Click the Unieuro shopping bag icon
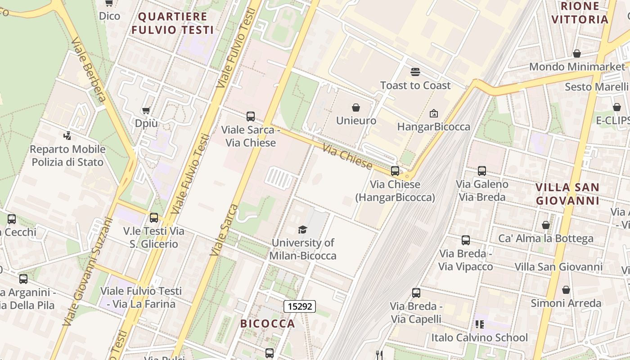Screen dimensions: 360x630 coord(356,108)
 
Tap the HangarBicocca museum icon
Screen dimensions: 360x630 coord(434,113)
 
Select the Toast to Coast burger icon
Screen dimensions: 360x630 coord(415,72)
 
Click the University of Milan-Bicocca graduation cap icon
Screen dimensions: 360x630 coord(303,229)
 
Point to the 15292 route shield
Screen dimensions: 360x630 coord(300,307)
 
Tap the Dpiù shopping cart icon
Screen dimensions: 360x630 coord(146,110)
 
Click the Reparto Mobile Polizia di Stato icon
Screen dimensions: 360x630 coord(67,135)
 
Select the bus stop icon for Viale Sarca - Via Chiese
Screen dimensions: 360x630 coord(251,117)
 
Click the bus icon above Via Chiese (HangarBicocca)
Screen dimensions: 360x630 coord(395,171)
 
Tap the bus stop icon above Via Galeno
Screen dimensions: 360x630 coord(482,171)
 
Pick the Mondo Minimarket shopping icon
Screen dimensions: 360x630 coord(577,54)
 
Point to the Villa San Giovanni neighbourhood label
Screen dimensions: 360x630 coord(567,194)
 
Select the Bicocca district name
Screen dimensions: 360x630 coord(267,324)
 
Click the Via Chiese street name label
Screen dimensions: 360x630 coord(348,157)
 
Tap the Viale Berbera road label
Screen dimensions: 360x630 coord(89,70)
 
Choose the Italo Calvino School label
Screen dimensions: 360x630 coord(480,337)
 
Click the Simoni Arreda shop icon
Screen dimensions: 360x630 coord(566,290)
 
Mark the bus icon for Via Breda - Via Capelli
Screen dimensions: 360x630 coord(416,293)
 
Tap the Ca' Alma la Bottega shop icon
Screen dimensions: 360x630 coord(546,225)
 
